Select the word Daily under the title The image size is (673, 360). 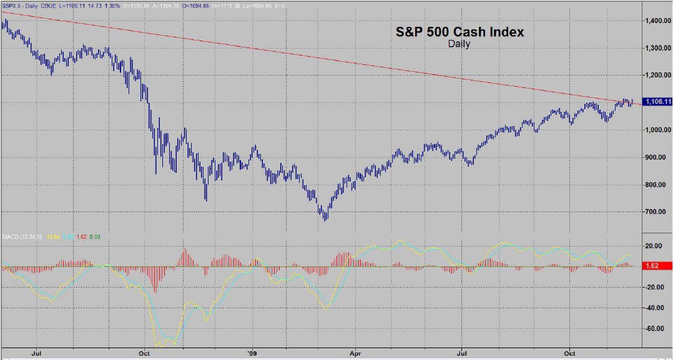coord(459,44)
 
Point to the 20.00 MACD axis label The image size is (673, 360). coord(654,246)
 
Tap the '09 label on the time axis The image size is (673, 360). coord(252,353)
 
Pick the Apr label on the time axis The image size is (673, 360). coord(355,353)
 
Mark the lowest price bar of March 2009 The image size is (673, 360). coord(325,218)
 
